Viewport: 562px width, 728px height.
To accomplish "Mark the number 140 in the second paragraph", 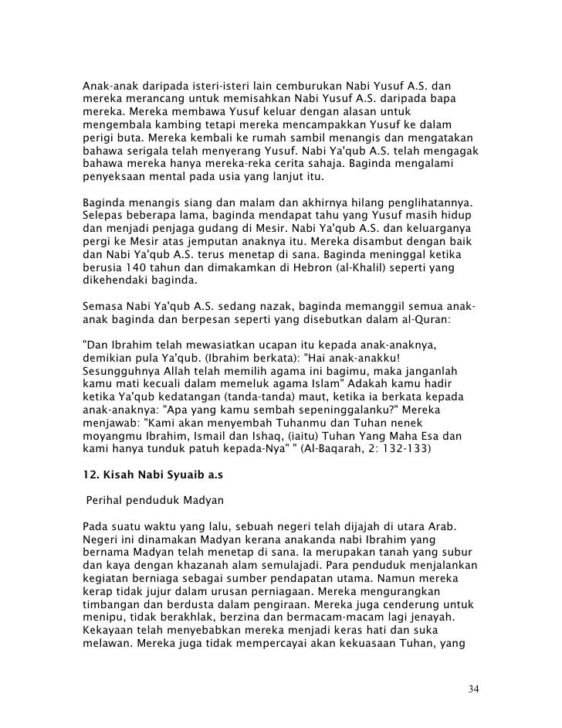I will [x=133, y=267].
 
